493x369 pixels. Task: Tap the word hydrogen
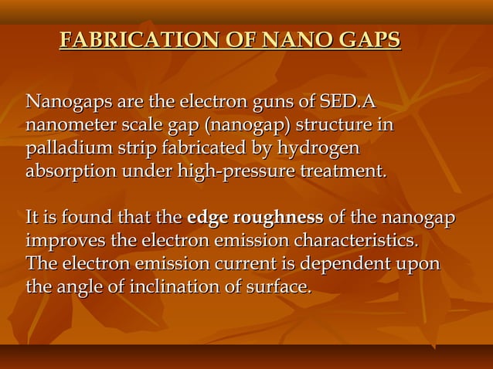[318, 147]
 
